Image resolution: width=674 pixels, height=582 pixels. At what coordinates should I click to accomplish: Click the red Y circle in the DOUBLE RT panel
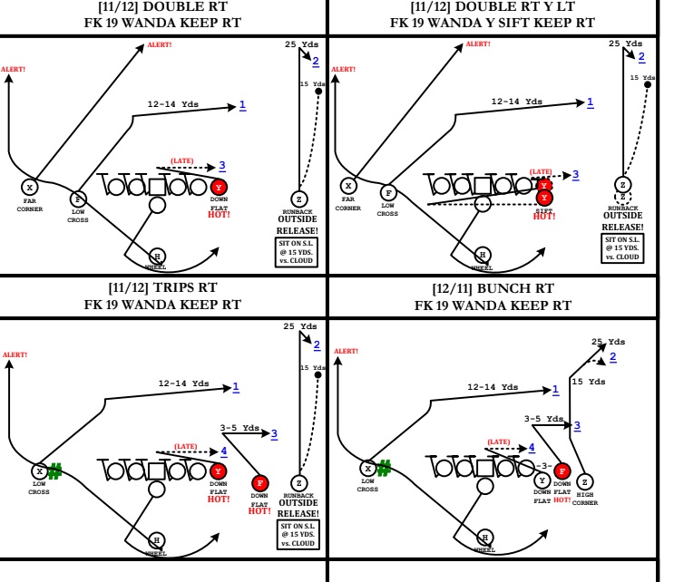coord(219,187)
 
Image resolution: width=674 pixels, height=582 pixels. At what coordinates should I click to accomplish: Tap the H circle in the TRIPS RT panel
coord(157,539)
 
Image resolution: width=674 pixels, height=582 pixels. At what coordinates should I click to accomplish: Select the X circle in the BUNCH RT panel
coord(367,469)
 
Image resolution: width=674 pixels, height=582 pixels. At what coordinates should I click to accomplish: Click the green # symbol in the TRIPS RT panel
coord(55,470)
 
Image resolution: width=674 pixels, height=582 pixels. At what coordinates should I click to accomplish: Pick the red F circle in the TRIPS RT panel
coord(261,483)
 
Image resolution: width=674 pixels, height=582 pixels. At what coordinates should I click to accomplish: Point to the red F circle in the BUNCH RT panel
coord(562,470)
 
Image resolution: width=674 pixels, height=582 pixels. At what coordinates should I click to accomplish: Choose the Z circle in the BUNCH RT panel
coord(585,480)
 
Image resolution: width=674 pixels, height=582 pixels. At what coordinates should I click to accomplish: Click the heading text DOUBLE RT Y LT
coord(492,6)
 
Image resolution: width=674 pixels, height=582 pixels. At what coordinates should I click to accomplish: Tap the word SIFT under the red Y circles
coord(544,210)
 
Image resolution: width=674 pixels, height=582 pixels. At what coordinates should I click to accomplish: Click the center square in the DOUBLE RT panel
coord(157,187)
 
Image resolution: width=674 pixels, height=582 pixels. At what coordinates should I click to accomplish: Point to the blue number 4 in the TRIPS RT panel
coord(224,451)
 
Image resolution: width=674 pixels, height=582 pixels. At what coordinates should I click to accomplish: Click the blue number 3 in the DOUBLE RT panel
coord(221,166)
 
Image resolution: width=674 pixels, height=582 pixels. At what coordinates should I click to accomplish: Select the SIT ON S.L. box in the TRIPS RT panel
coord(298,535)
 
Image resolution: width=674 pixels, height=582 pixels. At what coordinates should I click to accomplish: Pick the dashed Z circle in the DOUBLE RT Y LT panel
coord(622,196)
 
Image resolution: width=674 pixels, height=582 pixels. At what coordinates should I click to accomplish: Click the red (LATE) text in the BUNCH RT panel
coord(499,441)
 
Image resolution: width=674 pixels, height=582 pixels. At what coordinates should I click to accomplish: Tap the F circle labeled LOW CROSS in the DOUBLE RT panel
coord(78,199)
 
